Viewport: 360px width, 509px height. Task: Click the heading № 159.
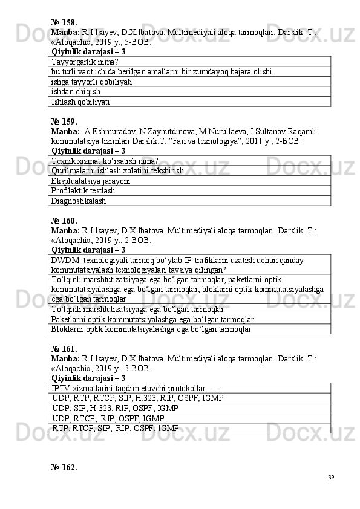pos(64,121)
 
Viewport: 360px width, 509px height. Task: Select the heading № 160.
pos(64,221)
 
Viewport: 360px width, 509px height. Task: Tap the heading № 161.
pos(64,349)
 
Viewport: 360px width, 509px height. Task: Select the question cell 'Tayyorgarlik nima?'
pos(85,62)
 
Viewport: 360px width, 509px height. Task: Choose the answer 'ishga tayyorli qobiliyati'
pos(92,82)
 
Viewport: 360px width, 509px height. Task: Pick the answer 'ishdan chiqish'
pos(76,92)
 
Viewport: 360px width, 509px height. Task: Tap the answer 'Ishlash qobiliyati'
pos(80,102)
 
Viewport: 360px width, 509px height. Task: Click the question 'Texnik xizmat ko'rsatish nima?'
pos(105,161)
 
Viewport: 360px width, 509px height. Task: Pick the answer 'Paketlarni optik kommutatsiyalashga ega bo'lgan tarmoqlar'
pos(152,319)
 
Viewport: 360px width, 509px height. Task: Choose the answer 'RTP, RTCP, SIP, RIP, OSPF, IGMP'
pos(115,428)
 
